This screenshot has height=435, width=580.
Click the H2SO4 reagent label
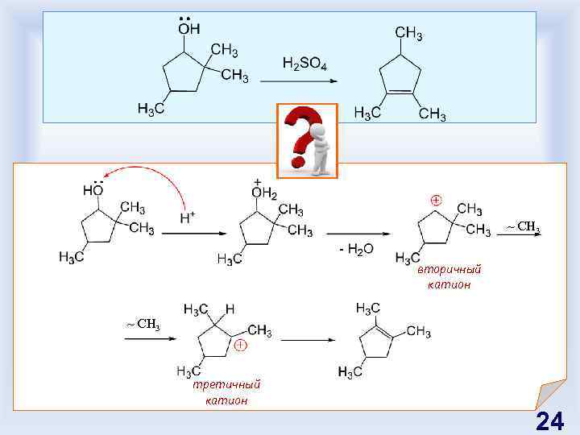304,63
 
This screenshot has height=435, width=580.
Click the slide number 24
549,421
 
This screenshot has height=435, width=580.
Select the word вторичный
449,270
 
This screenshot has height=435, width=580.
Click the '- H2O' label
356,250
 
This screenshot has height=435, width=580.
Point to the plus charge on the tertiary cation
240,346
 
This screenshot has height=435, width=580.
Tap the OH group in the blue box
189,31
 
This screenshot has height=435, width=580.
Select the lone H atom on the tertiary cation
230,309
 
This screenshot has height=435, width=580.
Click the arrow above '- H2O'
358,234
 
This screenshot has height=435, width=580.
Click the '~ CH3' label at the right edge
523,226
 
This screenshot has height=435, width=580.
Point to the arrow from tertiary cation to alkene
307,340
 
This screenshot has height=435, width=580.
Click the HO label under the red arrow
93,190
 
